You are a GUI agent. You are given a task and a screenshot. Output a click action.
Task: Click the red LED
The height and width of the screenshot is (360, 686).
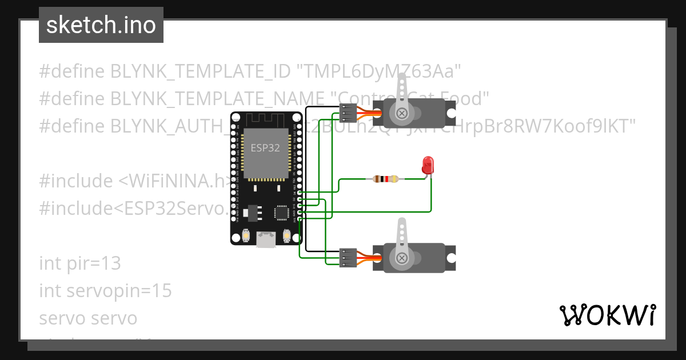[428, 166]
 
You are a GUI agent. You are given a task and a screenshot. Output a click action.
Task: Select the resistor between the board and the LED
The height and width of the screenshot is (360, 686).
[386, 179]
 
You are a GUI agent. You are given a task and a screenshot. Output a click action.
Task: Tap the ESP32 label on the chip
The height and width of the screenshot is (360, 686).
[265, 147]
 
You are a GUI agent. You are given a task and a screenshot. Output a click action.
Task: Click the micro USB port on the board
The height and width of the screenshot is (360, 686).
[265, 239]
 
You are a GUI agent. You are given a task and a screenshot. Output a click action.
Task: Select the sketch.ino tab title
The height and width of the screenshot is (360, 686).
[101, 25]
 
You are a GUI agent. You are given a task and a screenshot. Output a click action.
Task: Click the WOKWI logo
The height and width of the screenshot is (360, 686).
[608, 315]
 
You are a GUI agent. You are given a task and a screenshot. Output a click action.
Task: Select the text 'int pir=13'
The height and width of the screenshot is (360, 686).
[80, 263]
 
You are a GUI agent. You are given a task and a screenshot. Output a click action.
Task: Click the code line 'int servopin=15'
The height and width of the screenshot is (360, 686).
[105, 291]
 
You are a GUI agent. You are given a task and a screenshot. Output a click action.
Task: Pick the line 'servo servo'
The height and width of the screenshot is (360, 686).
[88, 318]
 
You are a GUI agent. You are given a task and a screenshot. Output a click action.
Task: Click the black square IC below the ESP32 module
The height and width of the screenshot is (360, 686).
[282, 213]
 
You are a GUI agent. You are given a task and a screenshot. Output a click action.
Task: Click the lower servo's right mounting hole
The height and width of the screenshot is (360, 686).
[451, 258]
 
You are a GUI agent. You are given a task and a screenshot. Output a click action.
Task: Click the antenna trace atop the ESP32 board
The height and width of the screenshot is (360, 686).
[265, 119]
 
